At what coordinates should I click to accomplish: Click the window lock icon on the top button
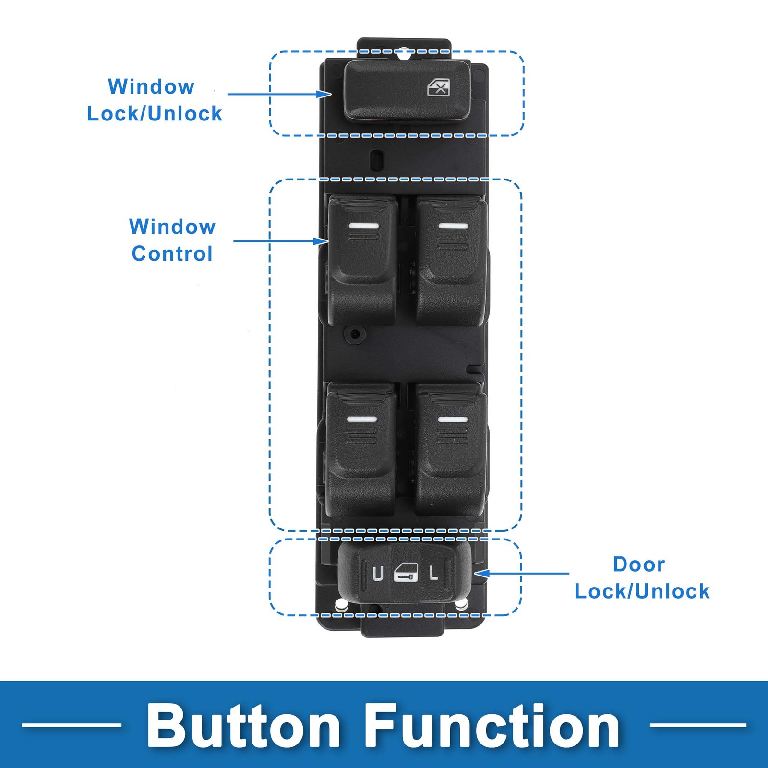[439, 88]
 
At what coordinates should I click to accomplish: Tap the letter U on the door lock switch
[378, 574]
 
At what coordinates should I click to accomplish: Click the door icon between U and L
[406, 573]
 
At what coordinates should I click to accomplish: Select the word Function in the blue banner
[492, 726]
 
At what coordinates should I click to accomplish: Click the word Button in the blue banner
[243, 726]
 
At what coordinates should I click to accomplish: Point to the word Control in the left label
[172, 253]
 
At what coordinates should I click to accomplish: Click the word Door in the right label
[639, 564]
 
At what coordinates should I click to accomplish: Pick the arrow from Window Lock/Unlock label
[279, 94]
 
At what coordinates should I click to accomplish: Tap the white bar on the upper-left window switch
[363, 226]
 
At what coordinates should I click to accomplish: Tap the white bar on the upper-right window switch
[453, 226]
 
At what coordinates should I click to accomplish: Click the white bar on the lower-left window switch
[361, 419]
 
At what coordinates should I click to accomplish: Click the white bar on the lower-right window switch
[453, 419]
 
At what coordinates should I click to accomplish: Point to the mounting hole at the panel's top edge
[405, 53]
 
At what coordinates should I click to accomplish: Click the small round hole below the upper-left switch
[355, 334]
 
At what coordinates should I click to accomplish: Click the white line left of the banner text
[72, 725]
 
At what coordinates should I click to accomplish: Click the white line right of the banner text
[698, 725]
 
